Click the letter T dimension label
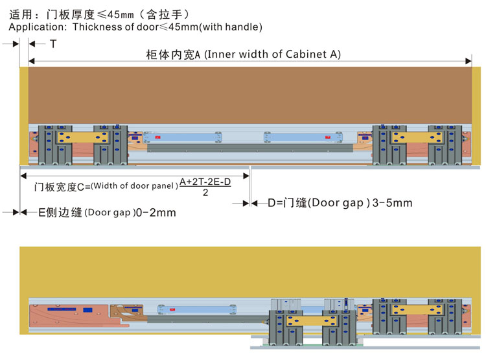click(x=53, y=43)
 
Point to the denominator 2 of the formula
click(x=205, y=193)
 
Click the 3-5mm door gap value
click(x=389, y=203)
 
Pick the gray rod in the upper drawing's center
click(x=249, y=148)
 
